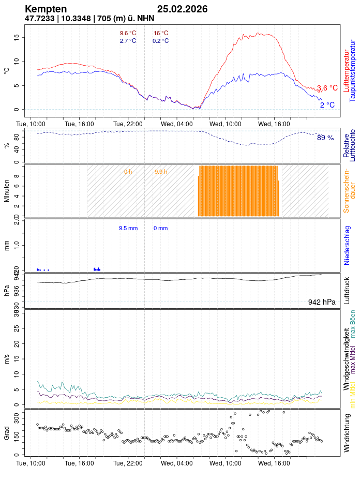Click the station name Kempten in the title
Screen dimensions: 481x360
tap(46, 9)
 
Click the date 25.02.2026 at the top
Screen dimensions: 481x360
tap(182, 9)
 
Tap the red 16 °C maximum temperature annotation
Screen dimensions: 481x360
tap(161, 34)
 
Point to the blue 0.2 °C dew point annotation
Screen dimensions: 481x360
tap(160, 41)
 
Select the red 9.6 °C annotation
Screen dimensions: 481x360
tap(128, 34)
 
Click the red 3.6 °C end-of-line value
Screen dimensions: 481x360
tap(327, 88)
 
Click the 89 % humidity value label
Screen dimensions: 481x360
tap(325, 138)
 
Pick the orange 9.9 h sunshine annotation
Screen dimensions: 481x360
tap(161, 172)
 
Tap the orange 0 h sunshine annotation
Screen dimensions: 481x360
tap(128, 172)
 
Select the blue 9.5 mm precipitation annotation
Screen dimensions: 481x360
tap(128, 228)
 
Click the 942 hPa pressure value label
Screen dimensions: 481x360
tap(322, 302)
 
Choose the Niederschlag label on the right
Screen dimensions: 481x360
tap(347, 245)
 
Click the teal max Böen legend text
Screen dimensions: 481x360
tap(353, 325)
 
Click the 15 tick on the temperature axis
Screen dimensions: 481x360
tap(17, 38)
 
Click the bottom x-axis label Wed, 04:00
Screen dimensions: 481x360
tap(177, 463)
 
